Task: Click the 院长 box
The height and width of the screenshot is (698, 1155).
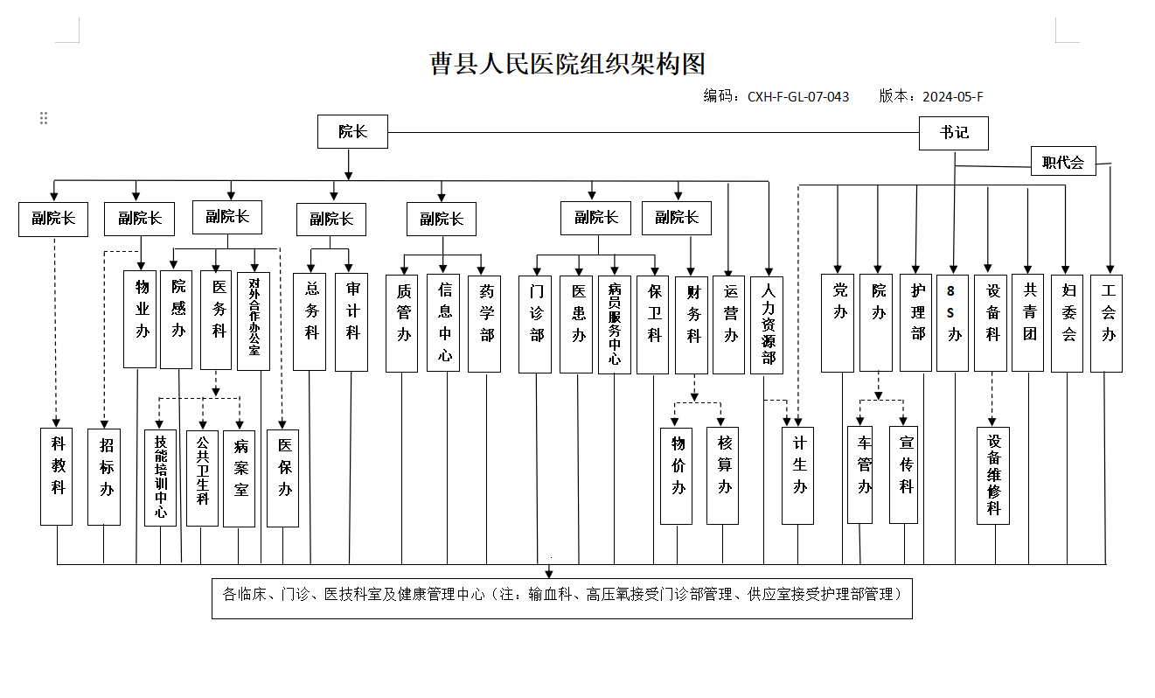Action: (352, 131)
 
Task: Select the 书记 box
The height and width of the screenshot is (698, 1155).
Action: (953, 133)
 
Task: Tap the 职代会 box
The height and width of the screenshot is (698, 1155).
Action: (1063, 161)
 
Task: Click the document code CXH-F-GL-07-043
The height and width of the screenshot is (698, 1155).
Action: (798, 97)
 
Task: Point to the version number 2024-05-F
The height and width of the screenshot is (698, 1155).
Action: (953, 97)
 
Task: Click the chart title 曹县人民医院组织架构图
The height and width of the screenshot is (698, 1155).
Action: (567, 64)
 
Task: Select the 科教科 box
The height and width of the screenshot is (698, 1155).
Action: (56, 477)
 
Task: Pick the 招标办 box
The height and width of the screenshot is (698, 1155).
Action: (104, 478)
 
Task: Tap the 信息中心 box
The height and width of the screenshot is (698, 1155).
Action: (443, 323)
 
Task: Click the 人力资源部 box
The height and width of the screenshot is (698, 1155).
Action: (767, 325)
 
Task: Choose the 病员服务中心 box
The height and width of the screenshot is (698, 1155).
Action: (615, 325)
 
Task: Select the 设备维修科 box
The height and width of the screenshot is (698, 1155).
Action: (993, 476)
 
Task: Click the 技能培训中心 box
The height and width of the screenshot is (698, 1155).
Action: (160, 478)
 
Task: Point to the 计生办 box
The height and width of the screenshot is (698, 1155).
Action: (797, 476)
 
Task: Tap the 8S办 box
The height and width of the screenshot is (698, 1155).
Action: (952, 323)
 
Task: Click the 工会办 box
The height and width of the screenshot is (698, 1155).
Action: (1107, 324)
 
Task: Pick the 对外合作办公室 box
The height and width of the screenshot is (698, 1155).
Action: (254, 321)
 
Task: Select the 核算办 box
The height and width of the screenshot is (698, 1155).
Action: (722, 476)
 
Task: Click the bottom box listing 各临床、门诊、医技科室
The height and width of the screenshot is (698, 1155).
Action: (562, 598)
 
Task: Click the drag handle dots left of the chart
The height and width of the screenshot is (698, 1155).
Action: (44, 118)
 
